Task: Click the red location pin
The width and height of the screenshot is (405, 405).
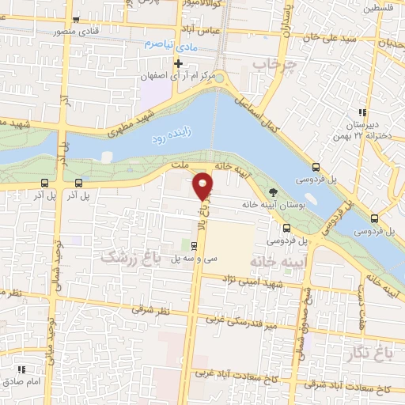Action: pyautogui.click(x=204, y=184)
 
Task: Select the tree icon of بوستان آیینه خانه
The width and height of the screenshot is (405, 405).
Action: pyautogui.click(x=274, y=191)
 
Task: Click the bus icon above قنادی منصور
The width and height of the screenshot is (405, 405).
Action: pyautogui.click(x=75, y=21)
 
